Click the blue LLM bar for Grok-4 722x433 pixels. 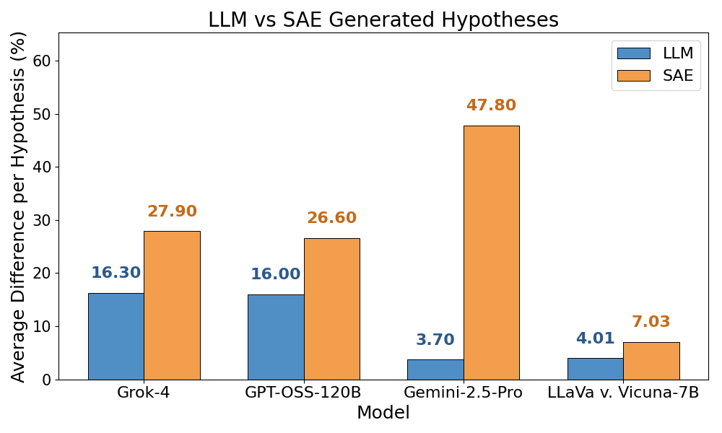click(116, 336)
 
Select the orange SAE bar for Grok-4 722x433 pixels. click(172, 305)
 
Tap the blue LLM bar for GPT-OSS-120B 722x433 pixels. click(276, 337)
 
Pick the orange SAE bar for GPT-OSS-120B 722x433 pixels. click(331, 309)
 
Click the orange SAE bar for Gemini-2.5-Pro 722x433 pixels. click(491, 253)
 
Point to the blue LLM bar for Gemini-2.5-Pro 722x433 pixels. click(435, 369)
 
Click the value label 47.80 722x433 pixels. click(491, 105)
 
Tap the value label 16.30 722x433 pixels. click(116, 273)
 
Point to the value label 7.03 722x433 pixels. click(651, 322)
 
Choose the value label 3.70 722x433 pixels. click(435, 340)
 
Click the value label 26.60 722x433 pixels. click(331, 218)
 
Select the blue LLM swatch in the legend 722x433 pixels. click(633, 53)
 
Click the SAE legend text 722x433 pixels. click(678, 76)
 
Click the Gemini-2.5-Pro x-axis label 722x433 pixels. click(463, 393)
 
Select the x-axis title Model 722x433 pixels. click(383, 414)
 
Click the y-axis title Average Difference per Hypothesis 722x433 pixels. click(19, 206)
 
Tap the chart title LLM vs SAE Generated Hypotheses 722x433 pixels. click(383, 19)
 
